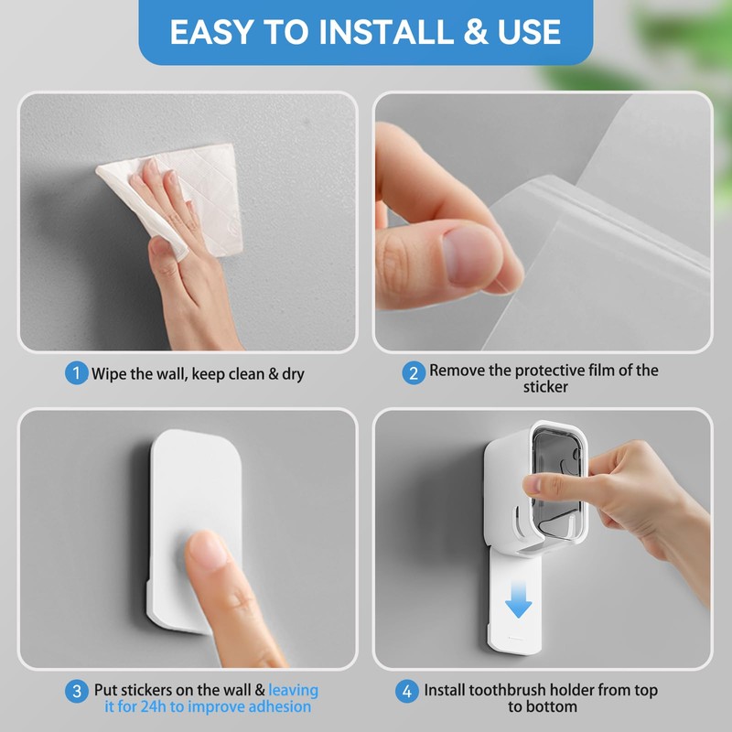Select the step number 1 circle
pos(76,373)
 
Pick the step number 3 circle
pos(76,691)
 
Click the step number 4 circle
pos(406,691)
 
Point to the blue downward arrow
pos(519,599)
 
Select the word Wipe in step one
pos(109,373)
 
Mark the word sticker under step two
pos(545,387)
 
